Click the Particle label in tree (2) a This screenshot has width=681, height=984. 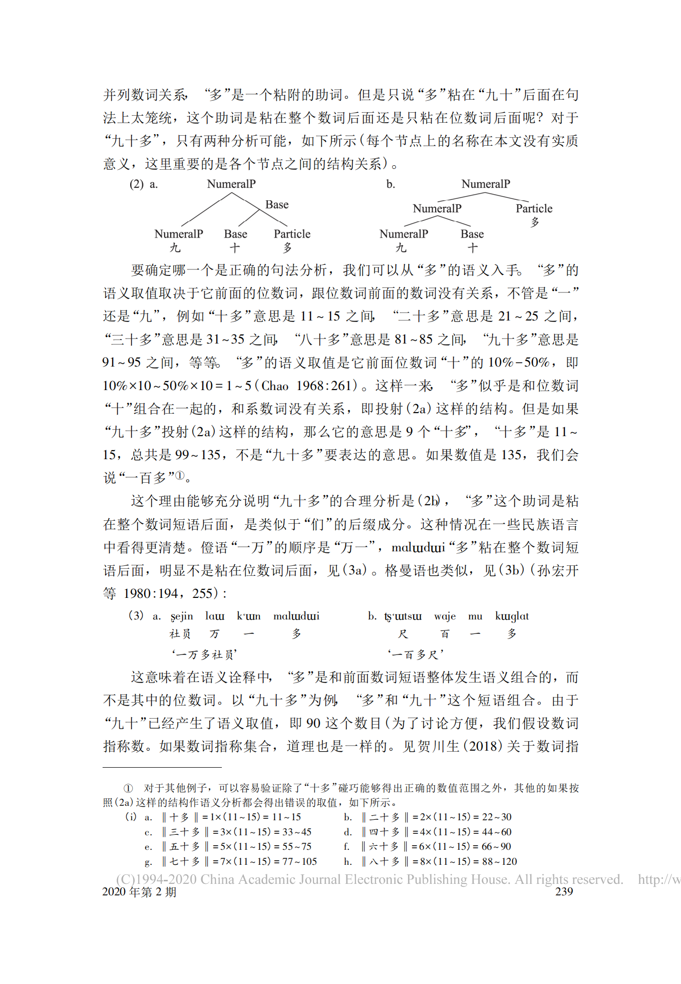[292, 234]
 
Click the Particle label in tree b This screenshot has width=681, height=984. [534, 208]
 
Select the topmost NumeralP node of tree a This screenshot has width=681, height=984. [231, 184]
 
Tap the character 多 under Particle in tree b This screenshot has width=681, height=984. [535, 222]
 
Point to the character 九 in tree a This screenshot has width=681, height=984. [175, 247]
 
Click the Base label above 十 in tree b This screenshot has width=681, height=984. [472, 234]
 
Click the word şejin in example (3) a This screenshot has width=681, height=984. [181, 616]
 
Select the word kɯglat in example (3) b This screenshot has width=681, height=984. [512, 616]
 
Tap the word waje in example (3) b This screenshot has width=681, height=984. [445, 616]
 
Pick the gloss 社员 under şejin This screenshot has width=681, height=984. [180, 634]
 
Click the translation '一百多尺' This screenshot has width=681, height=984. [415, 654]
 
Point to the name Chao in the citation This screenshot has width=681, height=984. [275, 386]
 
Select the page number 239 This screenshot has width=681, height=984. [564, 891]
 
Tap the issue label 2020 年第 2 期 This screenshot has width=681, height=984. [139, 892]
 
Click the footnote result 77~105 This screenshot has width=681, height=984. [302, 861]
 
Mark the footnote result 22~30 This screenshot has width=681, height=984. [496, 817]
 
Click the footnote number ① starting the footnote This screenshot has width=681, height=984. [128, 788]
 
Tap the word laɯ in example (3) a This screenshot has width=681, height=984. [214, 616]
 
